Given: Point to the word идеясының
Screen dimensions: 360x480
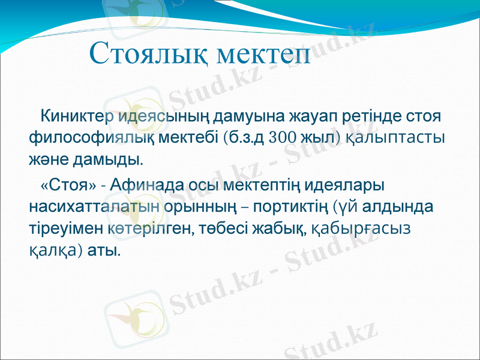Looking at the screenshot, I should pos(157,115).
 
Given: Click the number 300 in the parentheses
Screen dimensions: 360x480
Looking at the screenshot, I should pos(284,137).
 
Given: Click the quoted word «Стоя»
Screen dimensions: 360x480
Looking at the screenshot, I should pos(66,184).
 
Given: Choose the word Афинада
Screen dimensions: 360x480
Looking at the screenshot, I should pos(143,184).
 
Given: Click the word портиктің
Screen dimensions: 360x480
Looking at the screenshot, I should pos(289,206).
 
